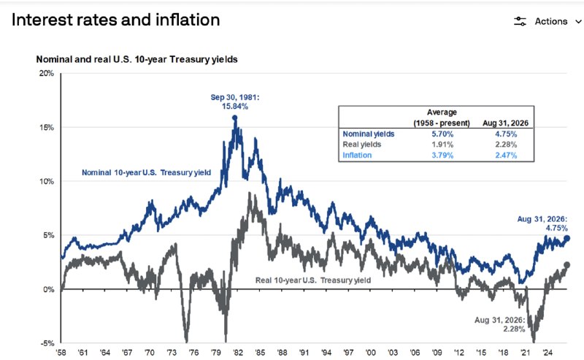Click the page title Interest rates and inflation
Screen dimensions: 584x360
(x=116, y=20)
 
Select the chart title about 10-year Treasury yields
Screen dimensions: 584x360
(x=137, y=59)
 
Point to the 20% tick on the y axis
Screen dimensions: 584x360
(x=47, y=74)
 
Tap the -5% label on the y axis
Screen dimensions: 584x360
(x=47, y=343)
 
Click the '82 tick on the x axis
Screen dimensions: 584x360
(x=238, y=353)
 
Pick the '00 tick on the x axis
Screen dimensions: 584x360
(x=371, y=353)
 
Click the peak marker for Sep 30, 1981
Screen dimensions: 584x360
(x=234, y=118)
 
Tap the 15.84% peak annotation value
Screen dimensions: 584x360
(x=235, y=106)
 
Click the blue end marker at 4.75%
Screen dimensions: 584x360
(x=567, y=239)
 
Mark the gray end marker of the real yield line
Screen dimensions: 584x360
(x=567, y=265)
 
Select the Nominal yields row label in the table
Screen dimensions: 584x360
(x=369, y=134)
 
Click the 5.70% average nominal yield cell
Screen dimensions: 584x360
(x=442, y=134)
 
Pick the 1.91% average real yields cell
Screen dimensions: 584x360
(x=442, y=145)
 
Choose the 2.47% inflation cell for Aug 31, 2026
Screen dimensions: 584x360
(x=506, y=155)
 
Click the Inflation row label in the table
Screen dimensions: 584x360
(x=357, y=155)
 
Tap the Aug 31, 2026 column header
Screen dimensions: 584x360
(x=505, y=123)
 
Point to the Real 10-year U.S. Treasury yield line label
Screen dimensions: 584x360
(x=313, y=280)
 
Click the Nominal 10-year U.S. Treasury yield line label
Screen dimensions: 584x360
(x=147, y=172)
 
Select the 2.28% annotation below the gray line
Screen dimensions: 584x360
(x=514, y=329)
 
